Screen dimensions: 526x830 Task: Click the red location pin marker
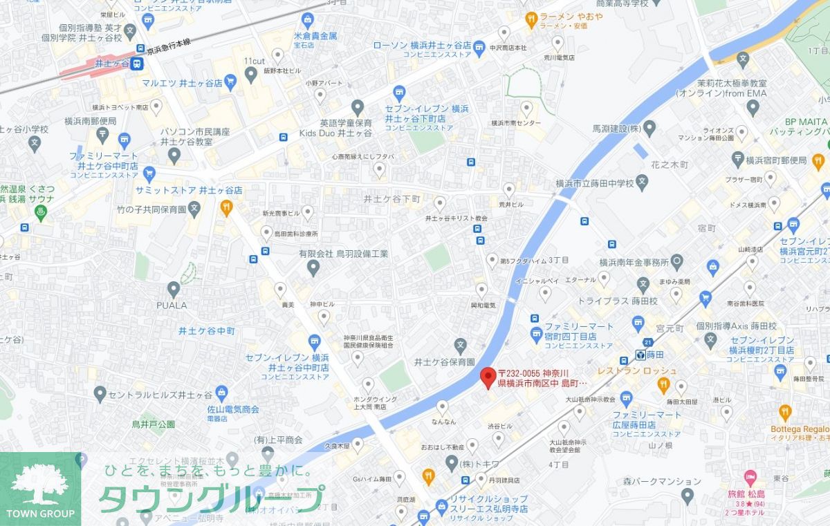point(488,377)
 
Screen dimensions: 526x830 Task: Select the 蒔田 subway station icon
point(641,355)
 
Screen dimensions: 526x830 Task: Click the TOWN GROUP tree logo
point(40,483)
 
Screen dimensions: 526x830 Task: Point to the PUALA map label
point(172,305)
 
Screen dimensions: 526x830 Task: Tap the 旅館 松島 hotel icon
point(749,477)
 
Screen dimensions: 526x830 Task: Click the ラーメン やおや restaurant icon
point(531,19)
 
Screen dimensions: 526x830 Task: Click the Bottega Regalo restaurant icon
point(784,413)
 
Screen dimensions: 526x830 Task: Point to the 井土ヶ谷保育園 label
point(444,361)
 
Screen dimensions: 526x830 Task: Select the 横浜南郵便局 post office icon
point(103,133)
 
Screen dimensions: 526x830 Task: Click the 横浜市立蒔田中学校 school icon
point(643,183)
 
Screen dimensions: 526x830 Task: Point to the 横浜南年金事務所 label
point(634,263)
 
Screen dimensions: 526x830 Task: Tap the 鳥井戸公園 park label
point(154,424)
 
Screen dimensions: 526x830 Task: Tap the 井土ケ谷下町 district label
point(392,199)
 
